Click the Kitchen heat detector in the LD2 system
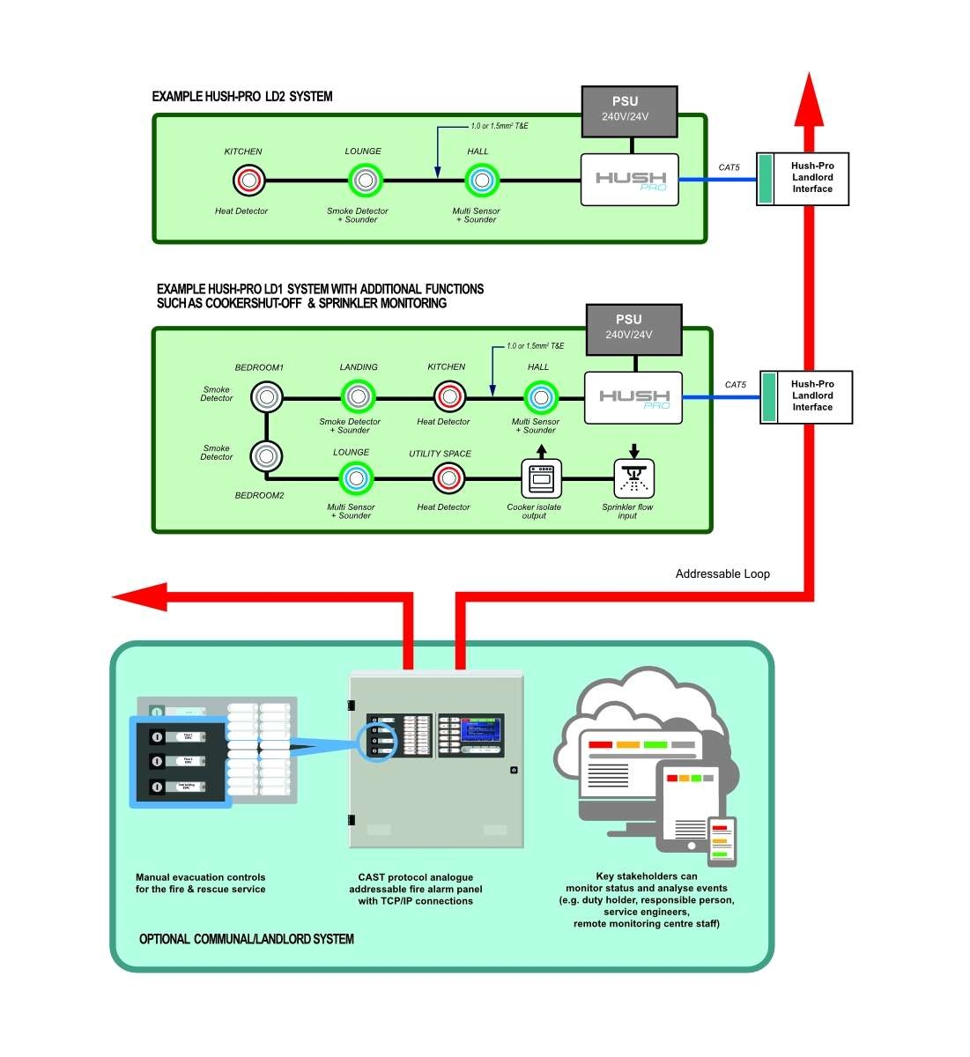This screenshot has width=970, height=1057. coord(249,181)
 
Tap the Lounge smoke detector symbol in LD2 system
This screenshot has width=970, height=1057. coord(365,181)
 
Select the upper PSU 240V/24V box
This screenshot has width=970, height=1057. coord(629,111)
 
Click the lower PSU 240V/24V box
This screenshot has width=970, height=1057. coord(633,328)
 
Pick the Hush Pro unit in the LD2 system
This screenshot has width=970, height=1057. coord(629,180)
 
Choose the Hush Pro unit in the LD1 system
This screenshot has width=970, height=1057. coord(633,397)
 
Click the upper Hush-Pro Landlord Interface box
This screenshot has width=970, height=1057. coord(803,178)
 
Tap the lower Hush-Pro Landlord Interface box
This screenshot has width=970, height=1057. coord(806,396)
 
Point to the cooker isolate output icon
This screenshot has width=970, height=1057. coord(540,478)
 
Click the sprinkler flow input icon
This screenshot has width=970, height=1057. coord(633,478)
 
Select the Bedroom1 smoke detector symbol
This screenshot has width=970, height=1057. coord(266,397)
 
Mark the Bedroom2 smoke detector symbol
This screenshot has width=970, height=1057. coord(266,456)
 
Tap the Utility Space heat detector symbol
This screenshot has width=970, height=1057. coord(449,478)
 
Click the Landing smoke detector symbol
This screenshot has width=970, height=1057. coord(358,397)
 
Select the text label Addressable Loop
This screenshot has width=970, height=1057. coord(722,574)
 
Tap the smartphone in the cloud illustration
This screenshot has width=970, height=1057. coord(722,840)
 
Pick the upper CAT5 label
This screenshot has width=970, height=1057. coord(729,167)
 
